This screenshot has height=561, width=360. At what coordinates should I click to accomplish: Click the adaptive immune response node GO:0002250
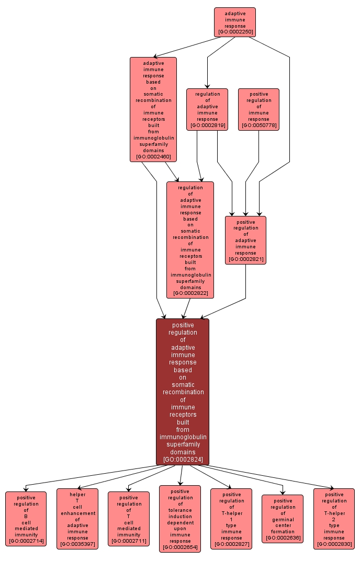point(234,22)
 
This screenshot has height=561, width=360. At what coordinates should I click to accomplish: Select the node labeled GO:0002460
point(153,109)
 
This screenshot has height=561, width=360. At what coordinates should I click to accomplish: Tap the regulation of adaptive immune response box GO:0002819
point(207,109)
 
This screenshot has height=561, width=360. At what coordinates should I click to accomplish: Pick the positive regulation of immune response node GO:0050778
point(258,109)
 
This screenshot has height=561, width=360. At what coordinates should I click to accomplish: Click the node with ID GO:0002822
point(190,239)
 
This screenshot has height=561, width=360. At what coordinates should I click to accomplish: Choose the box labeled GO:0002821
point(245,240)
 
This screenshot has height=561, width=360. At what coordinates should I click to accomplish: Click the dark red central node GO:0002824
point(183,392)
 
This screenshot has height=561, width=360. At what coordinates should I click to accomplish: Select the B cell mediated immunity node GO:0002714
point(26,519)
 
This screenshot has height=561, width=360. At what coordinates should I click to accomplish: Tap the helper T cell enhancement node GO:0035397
point(77,519)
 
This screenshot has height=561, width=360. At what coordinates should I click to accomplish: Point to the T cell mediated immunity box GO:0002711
point(129,519)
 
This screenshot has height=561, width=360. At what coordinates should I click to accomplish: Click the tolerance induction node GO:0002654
point(180,519)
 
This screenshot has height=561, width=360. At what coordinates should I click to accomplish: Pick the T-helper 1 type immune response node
point(231,519)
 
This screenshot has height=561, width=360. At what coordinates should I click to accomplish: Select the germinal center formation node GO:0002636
point(283,519)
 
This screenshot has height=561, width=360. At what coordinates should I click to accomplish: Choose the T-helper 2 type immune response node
point(334,519)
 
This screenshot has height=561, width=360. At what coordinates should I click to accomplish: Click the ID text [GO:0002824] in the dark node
point(183,460)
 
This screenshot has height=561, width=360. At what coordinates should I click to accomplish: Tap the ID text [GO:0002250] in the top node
point(234,32)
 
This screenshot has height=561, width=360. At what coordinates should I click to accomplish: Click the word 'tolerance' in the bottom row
point(180,510)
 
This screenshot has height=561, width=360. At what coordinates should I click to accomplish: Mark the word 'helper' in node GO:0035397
point(77,494)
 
